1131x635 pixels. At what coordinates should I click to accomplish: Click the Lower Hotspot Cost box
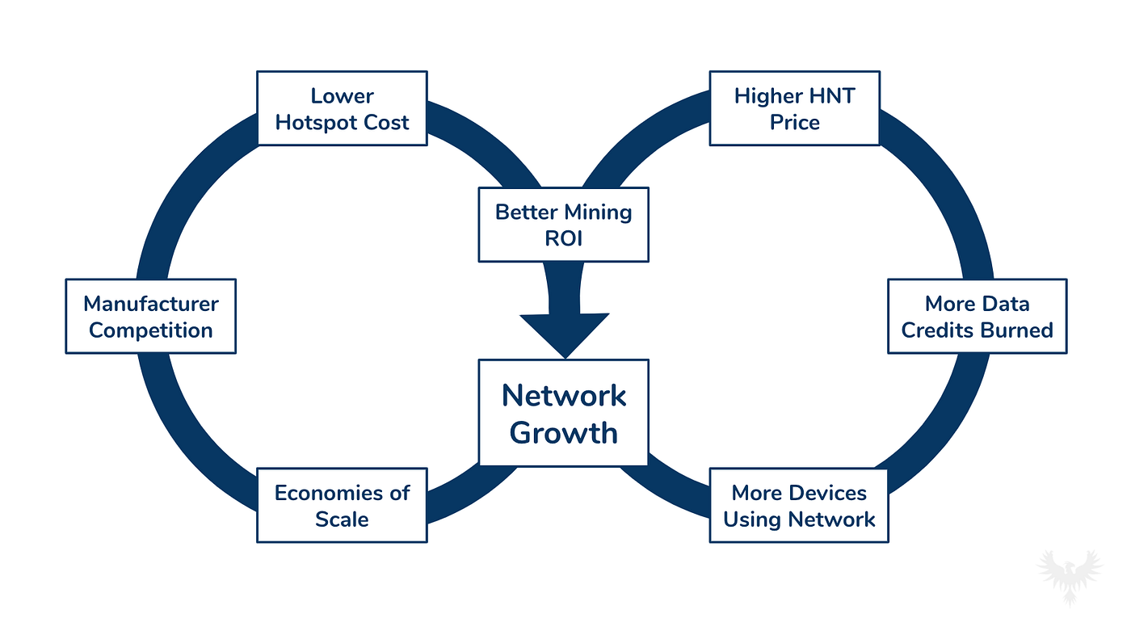[342, 108]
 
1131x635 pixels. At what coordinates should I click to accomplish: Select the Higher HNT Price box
[795, 108]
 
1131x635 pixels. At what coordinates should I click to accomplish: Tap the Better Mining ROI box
[564, 225]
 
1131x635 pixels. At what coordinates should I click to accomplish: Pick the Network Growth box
[564, 413]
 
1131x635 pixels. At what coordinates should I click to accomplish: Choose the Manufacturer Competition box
[150, 317]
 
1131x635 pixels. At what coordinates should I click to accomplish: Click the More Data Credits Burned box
[978, 317]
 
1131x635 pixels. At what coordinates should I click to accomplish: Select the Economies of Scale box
[342, 505]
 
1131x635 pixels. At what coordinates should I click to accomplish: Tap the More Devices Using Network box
[799, 505]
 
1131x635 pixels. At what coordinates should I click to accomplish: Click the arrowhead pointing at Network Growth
[565, 335]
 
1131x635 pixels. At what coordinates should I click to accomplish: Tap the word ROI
[564, 238]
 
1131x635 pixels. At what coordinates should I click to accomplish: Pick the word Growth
[564, 433]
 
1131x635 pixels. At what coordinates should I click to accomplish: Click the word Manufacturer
[151, 304]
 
